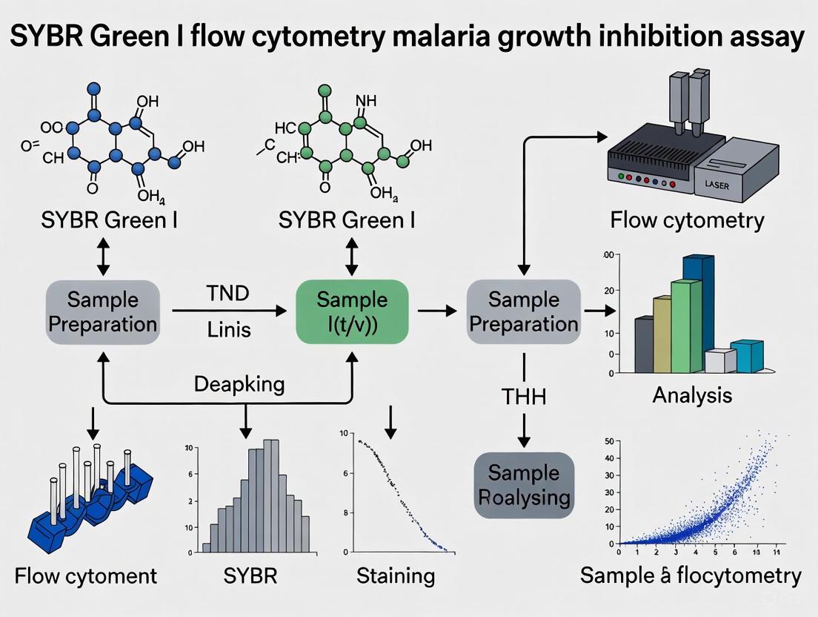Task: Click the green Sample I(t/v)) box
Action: click(352, 311)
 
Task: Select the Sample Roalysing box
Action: click(524, 484)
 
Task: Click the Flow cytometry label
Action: click(687, 220)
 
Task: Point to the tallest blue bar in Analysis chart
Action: click(698, 311)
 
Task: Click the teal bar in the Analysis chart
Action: click(747, 355)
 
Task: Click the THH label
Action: click(524, 397)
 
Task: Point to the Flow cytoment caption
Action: click(87, 575)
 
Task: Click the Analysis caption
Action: click(692, 395)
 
